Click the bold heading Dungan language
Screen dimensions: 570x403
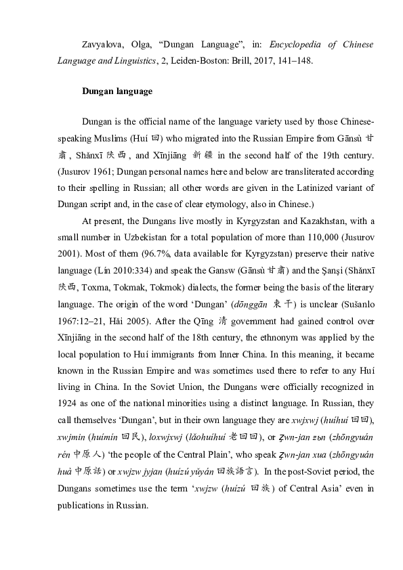tap(117, 91)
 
